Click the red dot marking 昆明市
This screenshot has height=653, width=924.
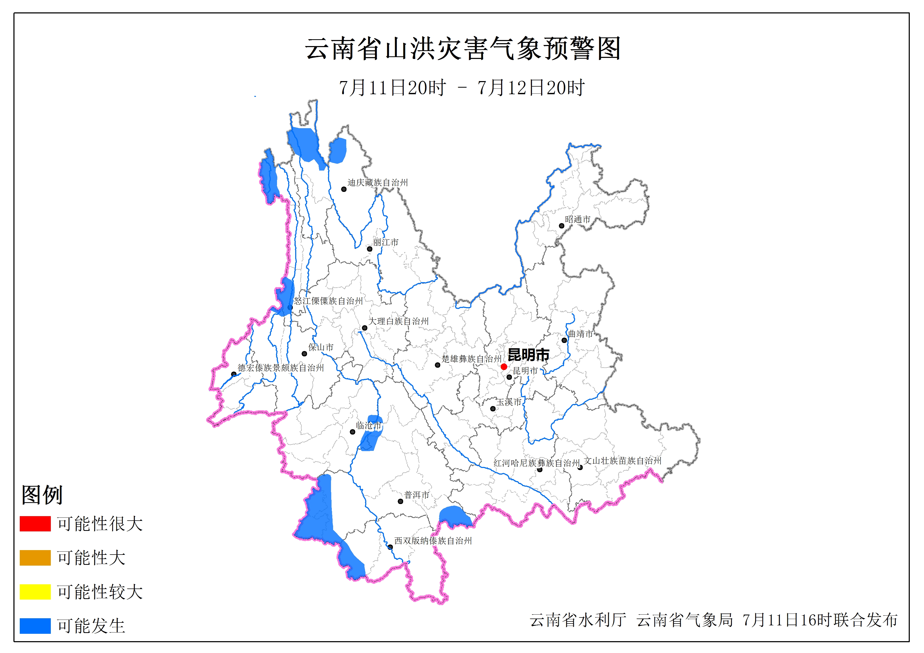point(503,367)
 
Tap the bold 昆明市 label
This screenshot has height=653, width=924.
point(528,355)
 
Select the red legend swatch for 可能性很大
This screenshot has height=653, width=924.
point(35,524)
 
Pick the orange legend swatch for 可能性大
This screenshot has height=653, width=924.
point(35,558)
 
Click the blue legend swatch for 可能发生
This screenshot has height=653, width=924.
point(35,626)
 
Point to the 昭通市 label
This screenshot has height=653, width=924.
point(577,219)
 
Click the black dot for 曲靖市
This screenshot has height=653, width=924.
point(564,340)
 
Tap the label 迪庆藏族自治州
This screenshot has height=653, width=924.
point(378,183)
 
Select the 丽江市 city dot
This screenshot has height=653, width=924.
point(369,249)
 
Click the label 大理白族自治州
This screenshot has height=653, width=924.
point(398,321)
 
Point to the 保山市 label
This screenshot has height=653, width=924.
point(321,347)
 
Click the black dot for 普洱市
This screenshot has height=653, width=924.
point(401,501)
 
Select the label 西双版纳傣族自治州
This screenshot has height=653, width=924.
point(433,541)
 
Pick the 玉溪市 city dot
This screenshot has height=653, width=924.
point(493,409)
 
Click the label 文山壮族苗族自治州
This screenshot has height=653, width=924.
point(622,461)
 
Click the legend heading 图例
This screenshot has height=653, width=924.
point(42,495)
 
